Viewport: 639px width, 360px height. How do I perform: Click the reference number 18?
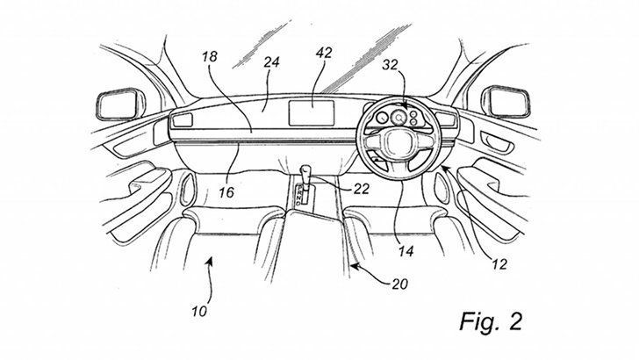tap(210, 56)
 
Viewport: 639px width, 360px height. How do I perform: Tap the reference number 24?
tap(271, 62)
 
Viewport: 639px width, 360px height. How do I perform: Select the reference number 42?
tap(324, 53)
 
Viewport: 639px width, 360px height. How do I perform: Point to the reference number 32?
tap(390, 64)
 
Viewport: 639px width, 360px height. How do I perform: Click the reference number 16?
tap(226, 192)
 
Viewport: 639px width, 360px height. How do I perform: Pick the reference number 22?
tap(361, 189)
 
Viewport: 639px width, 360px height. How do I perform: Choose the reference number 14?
tap(406, 251)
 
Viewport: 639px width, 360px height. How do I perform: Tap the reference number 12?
tap(499, 264)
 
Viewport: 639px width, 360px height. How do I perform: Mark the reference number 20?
tap(399, 284)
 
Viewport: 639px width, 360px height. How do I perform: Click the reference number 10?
tap(200, 312)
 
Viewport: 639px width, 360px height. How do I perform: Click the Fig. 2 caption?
tap(491, 321)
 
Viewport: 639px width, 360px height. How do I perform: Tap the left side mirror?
tap(120, 104)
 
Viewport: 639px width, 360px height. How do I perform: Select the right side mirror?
tap(506, 102)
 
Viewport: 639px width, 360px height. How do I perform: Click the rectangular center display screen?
tap(312, 113)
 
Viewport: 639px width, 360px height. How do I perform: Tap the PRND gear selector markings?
tap(299, 194)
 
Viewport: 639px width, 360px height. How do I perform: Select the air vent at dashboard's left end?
tap(183, 120)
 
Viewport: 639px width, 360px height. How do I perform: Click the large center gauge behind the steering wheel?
tap(398, 118)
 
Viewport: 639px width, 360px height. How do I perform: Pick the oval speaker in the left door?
tap(188, 189)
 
